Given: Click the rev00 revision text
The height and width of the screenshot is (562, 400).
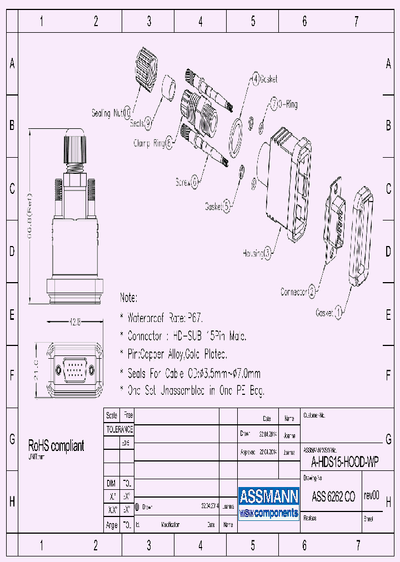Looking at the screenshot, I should click(372, 496).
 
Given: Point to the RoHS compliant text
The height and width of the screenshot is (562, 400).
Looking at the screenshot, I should click(56, 445).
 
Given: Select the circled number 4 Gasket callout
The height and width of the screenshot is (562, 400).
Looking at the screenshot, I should click(256, 79).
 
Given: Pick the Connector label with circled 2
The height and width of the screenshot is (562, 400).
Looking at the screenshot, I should click(298, 291).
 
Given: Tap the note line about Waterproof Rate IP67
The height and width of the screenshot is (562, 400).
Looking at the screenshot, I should click(162, 319).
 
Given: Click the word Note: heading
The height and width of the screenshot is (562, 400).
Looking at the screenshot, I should click(128, 298).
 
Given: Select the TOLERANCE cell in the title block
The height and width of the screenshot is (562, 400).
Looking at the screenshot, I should click(119, 429).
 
